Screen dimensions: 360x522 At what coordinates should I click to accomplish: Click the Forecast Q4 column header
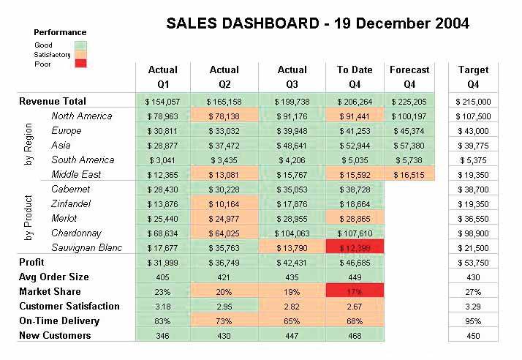tap(409, 77)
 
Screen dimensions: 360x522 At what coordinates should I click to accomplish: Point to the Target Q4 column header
tap(473, 77)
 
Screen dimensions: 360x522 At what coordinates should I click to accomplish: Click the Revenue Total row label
tap(53, 102)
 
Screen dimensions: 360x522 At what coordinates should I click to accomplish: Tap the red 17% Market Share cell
tap(355, 291)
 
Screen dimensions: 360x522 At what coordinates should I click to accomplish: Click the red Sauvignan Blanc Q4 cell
tap(355, 247)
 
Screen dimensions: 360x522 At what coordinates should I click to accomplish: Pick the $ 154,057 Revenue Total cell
tap(162, 102)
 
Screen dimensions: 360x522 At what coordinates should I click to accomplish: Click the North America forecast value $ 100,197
tap(409, 116)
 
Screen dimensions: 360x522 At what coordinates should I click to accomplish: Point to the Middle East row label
tap(76, 174)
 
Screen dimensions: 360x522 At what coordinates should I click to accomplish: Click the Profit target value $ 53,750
tap(474, 262)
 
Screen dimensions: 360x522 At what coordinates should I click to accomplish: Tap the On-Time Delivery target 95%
tap(474, 320)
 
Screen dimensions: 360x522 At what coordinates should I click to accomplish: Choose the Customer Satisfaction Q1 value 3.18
tap(162, 306)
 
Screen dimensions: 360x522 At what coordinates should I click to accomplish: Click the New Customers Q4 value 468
tap(355, 335)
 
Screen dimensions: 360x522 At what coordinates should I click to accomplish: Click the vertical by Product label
tap(29, 217)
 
